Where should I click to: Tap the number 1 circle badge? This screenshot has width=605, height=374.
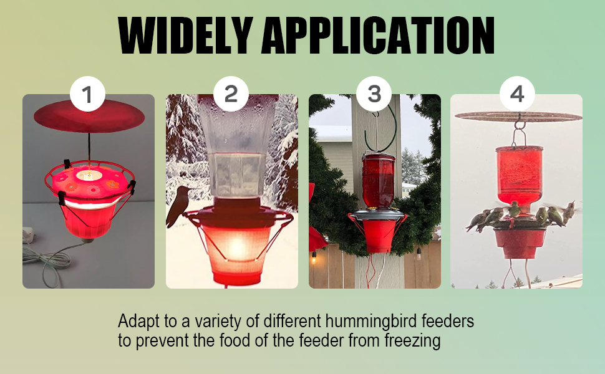tap(87, 94)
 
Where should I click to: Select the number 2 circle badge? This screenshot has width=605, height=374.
tap(231, 94)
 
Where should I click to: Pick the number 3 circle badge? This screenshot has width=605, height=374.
tap(374, 94)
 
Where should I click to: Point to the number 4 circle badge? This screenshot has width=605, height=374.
tap(517, 94)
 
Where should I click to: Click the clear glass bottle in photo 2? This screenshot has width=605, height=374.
tap(231, 150)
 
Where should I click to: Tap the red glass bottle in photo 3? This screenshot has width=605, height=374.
tap(378, 181)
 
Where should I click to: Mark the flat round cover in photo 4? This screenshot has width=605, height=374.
tap(518, 116)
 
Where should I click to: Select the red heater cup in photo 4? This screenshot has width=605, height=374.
tap(520, 243)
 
